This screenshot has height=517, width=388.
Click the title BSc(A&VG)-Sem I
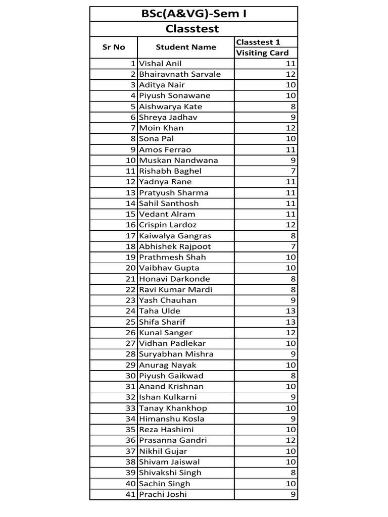(x=193, y=14)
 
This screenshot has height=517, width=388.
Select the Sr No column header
(x=113, y=47)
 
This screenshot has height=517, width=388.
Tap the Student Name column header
(x=185, y=47)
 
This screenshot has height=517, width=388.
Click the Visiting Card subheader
(x=262, y=53)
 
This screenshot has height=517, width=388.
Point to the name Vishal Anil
(x=160, y=64)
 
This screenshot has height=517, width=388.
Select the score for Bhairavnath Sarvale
(x=290, y=74)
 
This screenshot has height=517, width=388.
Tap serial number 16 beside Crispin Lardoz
(x=131, y=225)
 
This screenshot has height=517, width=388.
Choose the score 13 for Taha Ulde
(x=290, y=311)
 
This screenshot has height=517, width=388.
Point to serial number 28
(x=131, y=354)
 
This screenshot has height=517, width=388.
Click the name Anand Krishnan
(x=171, y=386)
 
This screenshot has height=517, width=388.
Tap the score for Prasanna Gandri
(x=290, y=440)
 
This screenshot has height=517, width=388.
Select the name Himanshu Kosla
(x=172, y=419)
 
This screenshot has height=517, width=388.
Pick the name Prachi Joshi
(x=163, y=494)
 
